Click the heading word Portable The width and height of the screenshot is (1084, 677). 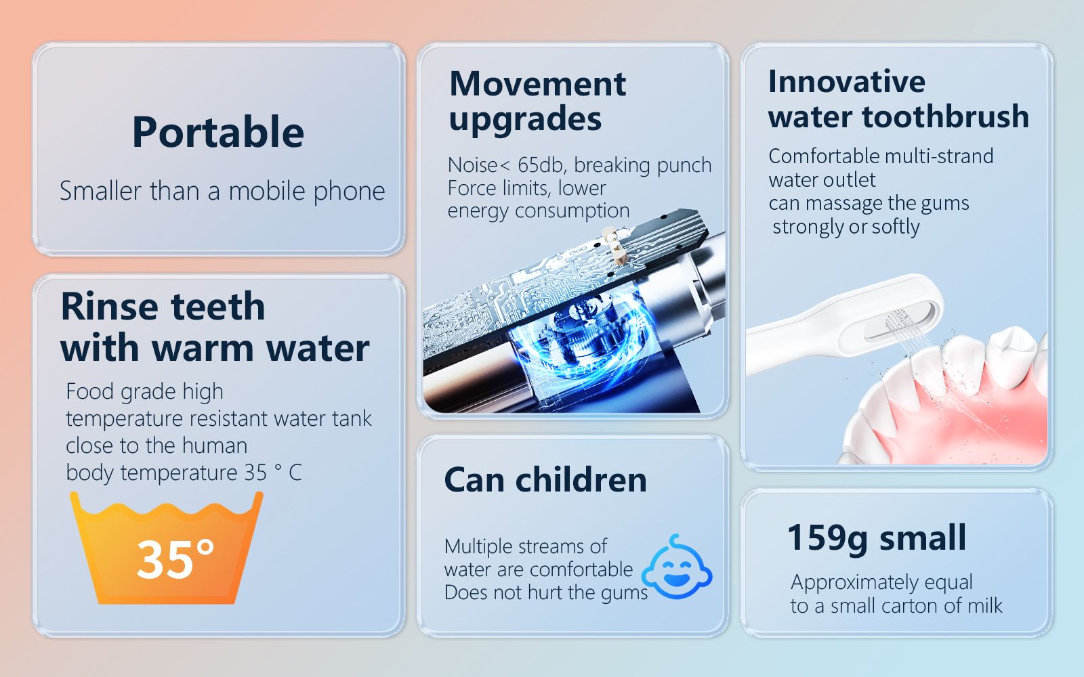click(x=218, y=132)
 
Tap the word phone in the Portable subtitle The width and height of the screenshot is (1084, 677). click(x=350, y=192)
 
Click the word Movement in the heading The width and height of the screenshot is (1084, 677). click(x=538, y=84)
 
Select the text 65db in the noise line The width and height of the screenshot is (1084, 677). click(x=539, y=165)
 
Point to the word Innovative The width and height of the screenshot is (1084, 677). click(x=847, y=81)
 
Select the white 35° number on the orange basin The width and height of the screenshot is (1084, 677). click(x=175, y=559)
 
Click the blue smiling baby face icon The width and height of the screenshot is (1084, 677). click(x=677, y=568)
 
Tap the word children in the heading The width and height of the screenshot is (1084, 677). click(x=581, y=480)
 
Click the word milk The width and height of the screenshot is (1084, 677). click(x=985, y=605)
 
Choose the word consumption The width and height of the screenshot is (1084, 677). click(x=572, y=211)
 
